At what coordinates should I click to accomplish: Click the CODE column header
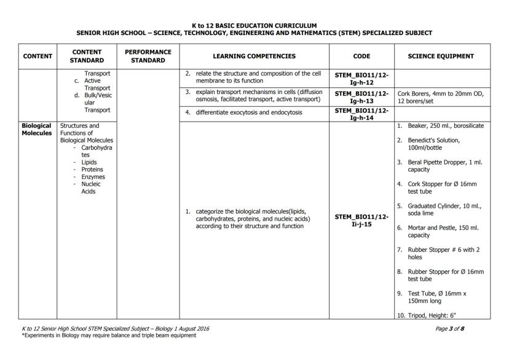[x=362, y=56]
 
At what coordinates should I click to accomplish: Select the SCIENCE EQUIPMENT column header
[x=441, y=56]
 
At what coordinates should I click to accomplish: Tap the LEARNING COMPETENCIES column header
[x=254, y=56]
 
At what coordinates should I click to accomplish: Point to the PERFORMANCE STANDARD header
[x=148, y=56]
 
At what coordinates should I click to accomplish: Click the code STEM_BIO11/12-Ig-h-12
[x=362, y=78]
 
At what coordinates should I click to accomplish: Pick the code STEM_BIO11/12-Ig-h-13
[x=362, y=96]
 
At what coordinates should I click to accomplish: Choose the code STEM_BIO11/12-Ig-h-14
[x=362, y=113]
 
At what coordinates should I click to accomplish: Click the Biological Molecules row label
[x=37, y=129]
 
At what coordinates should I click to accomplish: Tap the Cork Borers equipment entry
[x=440, y=96]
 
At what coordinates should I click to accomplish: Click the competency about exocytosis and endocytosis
[x=249, y=113]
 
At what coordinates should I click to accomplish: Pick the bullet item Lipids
[x=89, y=162]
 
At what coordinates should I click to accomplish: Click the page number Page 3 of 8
[x=449, y=329]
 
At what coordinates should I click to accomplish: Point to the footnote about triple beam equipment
[x=109, y=335]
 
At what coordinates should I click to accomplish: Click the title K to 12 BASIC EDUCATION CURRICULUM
[x=254, y=26]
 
